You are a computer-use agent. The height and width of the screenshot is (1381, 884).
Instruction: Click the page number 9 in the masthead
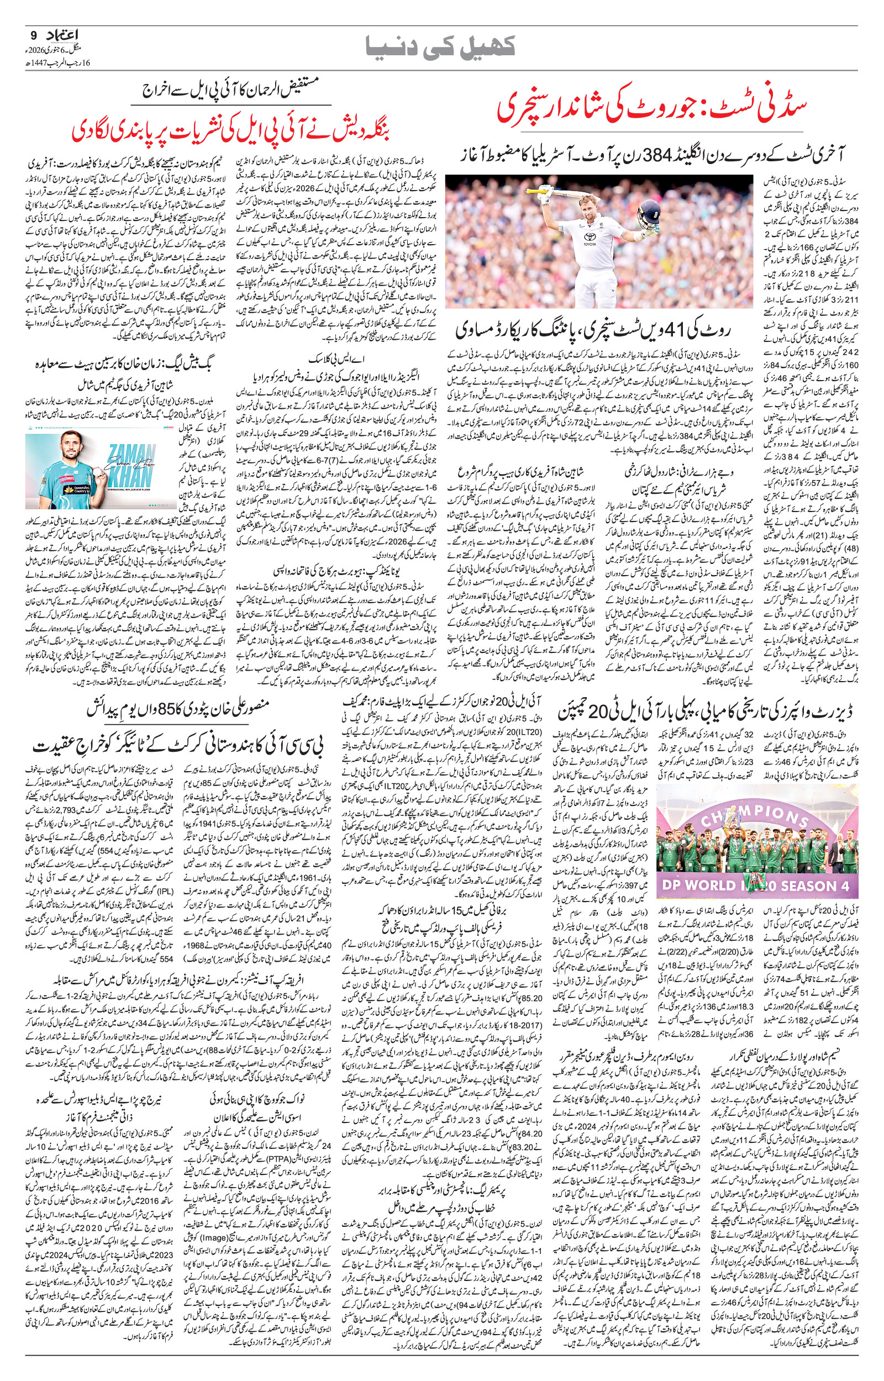pyautogui.click(x=32, y=35)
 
